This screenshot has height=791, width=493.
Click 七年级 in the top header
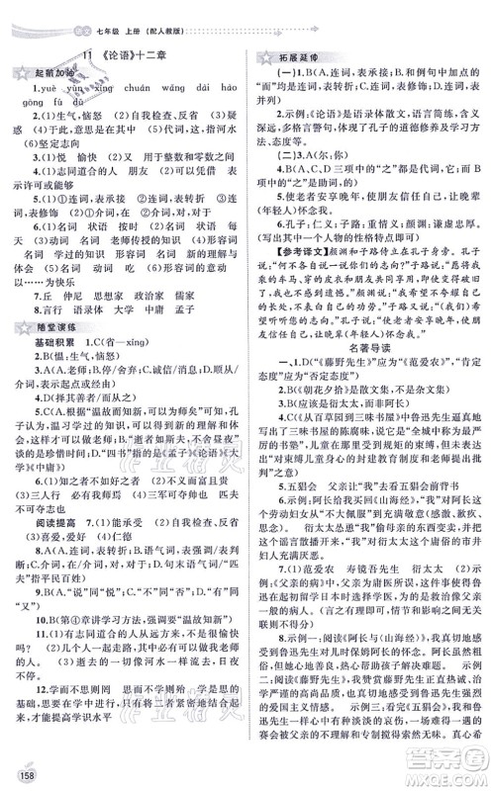pos(73,10)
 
